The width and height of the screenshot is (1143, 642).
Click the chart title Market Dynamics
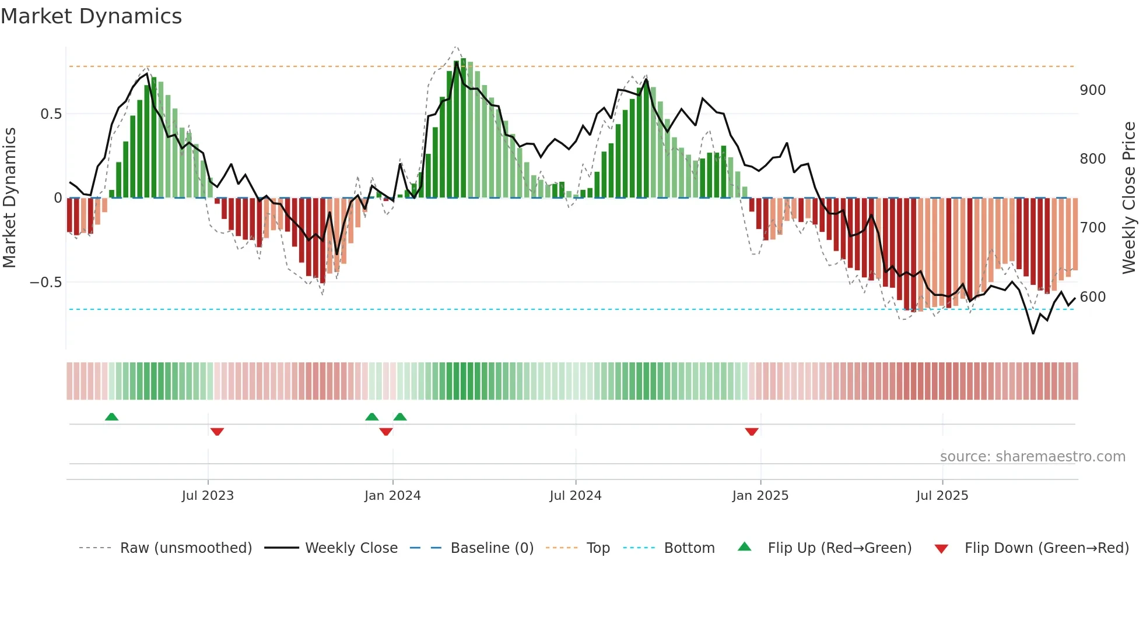[92, 16]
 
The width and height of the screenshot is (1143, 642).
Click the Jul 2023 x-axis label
[208, 495]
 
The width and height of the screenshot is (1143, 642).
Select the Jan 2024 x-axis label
[392, 495]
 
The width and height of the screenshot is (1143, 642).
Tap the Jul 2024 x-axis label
[575, 495]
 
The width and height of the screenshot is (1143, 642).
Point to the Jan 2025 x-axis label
[760, 495]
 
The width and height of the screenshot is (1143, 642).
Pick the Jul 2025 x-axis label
[942, 495]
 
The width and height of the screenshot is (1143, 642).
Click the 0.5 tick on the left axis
[51, 114]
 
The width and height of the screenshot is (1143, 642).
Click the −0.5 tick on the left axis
[45, 283]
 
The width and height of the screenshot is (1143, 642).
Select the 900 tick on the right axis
[1092, 90]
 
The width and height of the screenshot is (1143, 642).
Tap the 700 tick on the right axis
[1092, 228]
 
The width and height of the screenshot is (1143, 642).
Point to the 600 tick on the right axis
[1092, 297]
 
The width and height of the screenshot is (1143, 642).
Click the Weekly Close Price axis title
[1129, 198]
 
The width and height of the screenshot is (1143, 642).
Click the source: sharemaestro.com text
[1032, 457]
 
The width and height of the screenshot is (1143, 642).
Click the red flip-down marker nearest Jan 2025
[752, 432]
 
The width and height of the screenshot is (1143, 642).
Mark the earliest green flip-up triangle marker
[111, 417]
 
